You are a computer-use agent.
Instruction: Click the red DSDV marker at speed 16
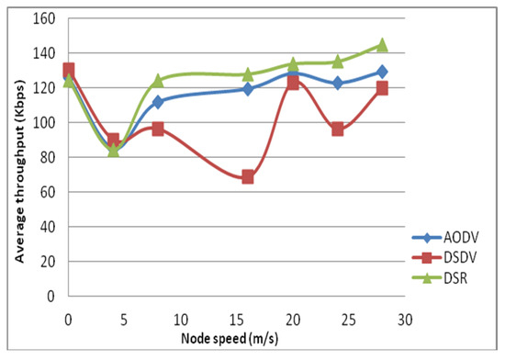click(248, 176)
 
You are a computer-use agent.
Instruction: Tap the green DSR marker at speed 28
click(383, 44)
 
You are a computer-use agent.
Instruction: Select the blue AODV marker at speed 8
click(158, 101)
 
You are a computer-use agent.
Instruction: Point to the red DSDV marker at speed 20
click(293, 83)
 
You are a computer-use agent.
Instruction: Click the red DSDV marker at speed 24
click(338, 129)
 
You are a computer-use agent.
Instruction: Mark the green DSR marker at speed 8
click(158, 81)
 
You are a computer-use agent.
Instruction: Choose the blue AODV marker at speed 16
click(248, 89)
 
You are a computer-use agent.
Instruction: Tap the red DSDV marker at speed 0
click(68, 70)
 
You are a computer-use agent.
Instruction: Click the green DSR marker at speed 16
click(248, 74)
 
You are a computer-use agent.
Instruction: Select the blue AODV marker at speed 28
click(383, 71)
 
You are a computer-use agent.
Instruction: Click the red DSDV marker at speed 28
click(383, 88)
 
